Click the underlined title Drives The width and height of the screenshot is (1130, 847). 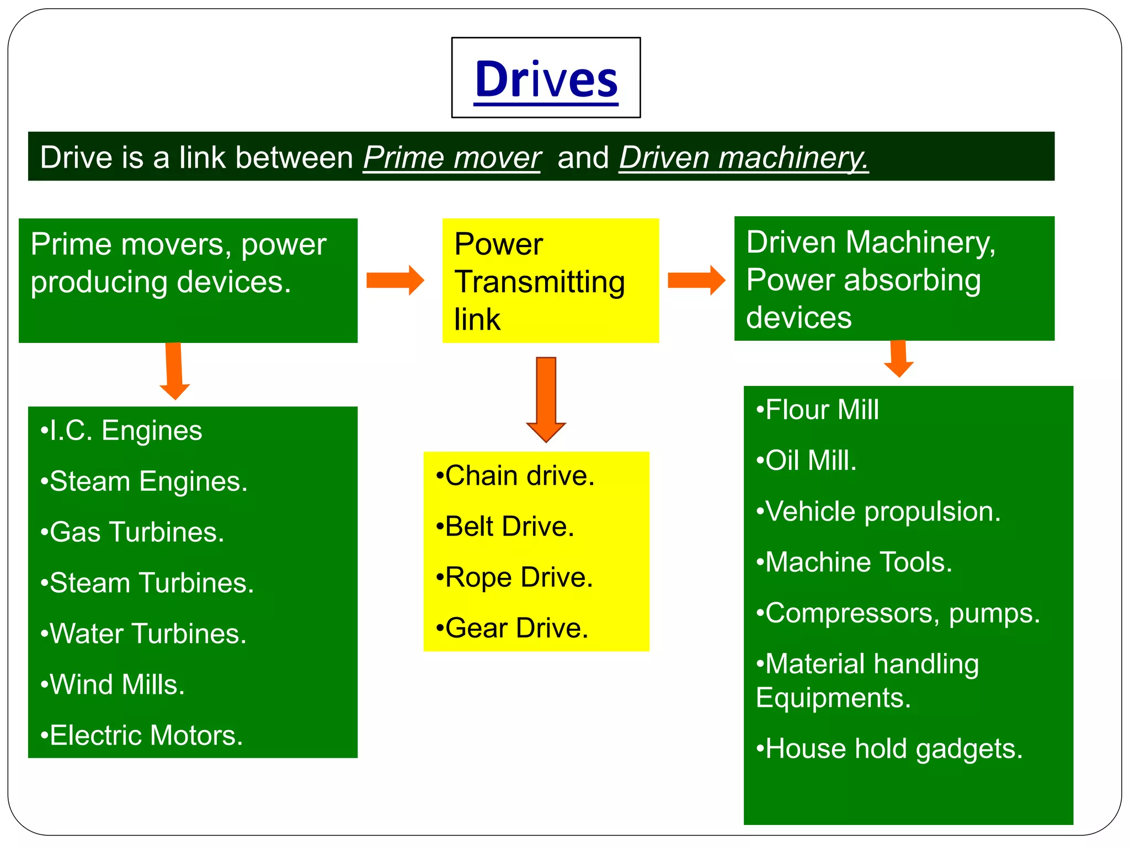pos(546,79)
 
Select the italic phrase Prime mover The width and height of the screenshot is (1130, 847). pos(452,158)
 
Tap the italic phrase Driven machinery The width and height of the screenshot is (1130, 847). pos(743,158)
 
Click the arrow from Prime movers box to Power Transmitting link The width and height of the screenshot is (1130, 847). pos(395,280)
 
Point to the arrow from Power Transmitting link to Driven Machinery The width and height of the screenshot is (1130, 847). pos(696,280)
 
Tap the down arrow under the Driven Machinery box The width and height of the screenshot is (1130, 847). pos(899,358)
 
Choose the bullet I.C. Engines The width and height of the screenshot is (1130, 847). pos(121,431)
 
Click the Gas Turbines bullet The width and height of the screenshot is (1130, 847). pos(132,532)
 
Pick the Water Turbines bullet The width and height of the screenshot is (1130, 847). pos(143,634)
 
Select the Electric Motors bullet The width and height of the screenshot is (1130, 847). pos(142,735)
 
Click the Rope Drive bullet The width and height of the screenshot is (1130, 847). pos(514,577)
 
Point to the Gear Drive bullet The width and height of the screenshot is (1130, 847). pos(512,628)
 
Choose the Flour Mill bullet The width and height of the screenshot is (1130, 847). pos(817,410)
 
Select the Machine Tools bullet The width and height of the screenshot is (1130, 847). pos(854,562)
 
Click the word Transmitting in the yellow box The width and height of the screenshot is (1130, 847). pos(540,282)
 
